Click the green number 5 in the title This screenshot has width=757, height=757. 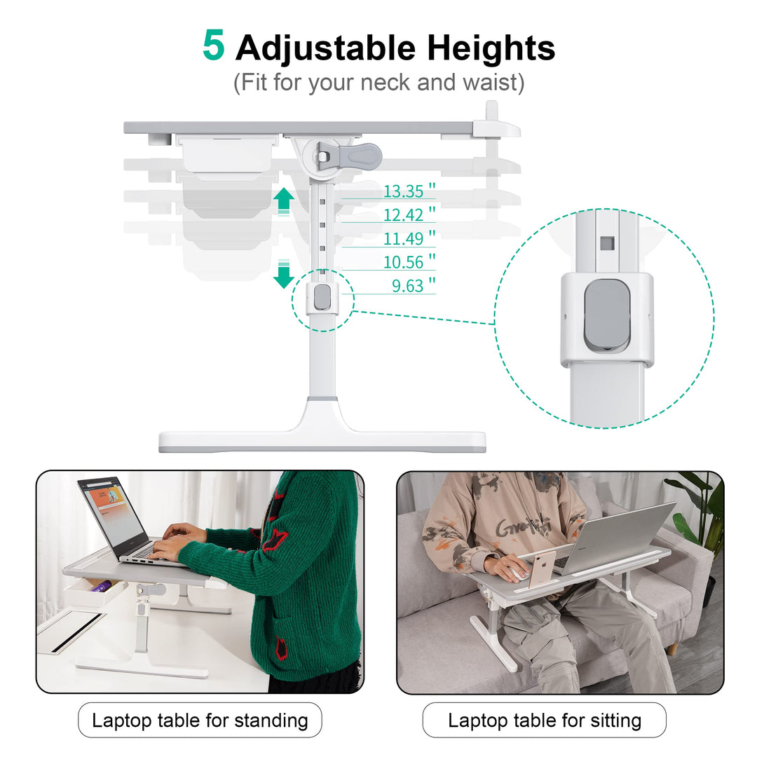[x=213, y=45]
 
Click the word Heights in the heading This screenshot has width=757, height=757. [x=491, y=48]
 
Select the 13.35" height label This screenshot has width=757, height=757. [x=409, y=191]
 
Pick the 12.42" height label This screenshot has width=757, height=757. [x=409, y=214]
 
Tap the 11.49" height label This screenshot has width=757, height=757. [x=409, y=238]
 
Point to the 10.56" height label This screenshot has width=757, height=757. [x=409, y=261]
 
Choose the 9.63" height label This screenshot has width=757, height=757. [x=414, y=285]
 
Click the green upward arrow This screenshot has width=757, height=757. [x=284, y=200]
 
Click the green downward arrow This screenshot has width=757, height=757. [x=284, y=274]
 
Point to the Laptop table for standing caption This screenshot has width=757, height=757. [x=200, y=721]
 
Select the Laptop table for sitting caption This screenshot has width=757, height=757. [x=545, y=721]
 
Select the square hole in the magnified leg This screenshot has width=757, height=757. [x=607, y=243]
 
